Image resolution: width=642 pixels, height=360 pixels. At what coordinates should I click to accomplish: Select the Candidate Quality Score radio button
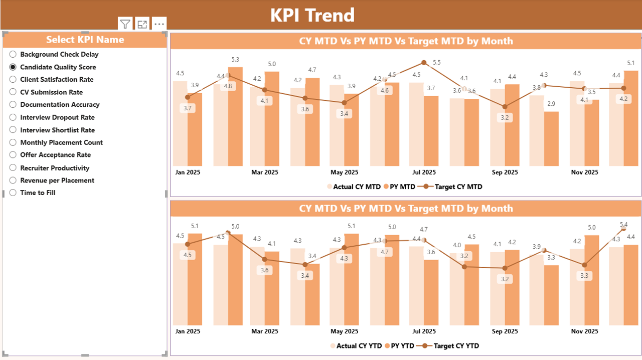tap(13, 67)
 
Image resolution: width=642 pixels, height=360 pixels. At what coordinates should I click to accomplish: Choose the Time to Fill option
tap(13, 193)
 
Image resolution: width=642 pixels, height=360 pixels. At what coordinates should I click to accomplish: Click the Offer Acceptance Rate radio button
tap(13, 155)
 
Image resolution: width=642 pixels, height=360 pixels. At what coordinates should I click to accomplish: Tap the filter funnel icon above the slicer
tap(125, 24)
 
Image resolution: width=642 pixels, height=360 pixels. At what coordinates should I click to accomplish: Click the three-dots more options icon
tap(159, 24)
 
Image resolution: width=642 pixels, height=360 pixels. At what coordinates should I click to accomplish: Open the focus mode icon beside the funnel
tap(142, 24)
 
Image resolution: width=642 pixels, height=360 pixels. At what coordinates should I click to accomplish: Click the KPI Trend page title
tap(312, 15)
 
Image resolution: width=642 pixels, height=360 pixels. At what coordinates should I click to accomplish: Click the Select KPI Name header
tap(85, 40)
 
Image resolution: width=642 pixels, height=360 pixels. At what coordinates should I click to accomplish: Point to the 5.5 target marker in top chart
tap(424, 63)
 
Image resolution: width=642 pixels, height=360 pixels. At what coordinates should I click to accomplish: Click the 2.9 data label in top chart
tap(551, 104)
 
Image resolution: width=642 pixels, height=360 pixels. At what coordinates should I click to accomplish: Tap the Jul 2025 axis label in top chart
tap(423, 172)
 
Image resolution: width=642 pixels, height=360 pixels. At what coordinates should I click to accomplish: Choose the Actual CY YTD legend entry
tap(355, 345)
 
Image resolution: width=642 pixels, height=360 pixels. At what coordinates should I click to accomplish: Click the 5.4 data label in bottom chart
tap(624, 224)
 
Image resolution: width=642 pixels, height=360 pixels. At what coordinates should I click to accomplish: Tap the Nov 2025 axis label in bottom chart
tap(584, 331)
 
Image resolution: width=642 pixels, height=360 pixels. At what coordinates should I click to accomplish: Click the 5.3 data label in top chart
tap(235, 60)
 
